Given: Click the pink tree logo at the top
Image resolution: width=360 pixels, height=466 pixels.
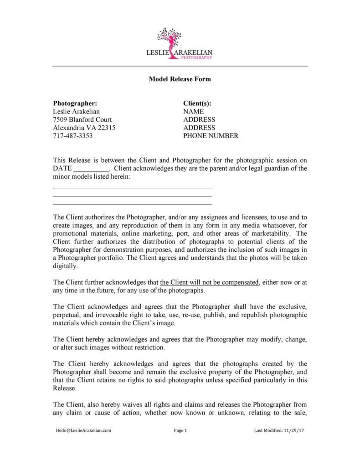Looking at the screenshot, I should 173,38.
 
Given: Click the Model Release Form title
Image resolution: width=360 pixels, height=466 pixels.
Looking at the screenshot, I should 180,79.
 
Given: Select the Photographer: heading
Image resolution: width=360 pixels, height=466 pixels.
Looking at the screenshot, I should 75,104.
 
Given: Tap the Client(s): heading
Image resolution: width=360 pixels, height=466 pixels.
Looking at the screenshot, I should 197,104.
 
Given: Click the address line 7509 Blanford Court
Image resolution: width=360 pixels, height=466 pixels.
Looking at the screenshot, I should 82,119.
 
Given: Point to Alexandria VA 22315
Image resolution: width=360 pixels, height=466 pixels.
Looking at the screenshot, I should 84,128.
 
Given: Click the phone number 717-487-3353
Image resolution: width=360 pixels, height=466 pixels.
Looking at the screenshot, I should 73,136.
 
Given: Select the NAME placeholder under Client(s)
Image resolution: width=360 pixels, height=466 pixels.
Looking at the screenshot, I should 194,112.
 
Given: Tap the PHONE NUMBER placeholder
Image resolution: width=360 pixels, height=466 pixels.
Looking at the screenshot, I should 211,136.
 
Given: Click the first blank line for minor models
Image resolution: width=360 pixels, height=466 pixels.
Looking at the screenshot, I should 133,187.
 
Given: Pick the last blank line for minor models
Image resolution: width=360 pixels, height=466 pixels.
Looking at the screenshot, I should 133,204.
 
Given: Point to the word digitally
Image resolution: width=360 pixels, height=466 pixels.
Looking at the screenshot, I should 66,266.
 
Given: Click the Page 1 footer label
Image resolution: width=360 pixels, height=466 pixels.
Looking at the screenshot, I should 181,430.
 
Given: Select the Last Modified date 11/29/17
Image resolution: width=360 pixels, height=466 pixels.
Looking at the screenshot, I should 293,430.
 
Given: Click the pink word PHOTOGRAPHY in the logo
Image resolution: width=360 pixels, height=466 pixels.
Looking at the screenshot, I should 199,58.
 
